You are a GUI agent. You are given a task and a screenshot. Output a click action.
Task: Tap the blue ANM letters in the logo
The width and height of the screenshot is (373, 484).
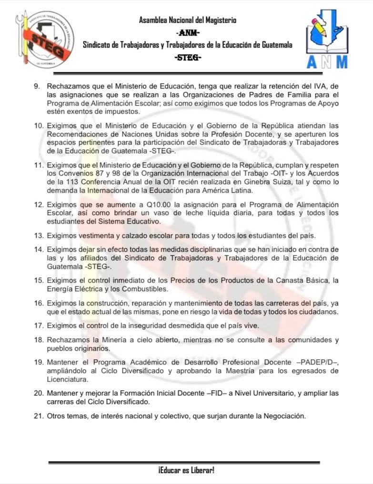(327, 62)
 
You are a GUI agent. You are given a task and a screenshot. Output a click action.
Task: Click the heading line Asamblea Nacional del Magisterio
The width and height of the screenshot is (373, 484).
(188, 20)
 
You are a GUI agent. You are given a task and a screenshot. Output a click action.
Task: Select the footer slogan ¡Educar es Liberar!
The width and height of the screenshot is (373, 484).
(186, 470)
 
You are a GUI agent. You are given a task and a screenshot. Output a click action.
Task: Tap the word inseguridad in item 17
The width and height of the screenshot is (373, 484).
(141, 326)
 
